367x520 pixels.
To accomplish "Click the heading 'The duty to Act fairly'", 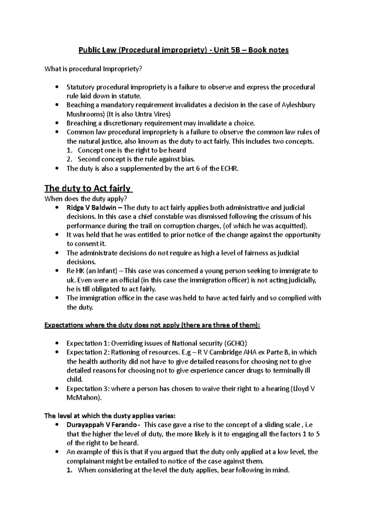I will click(x=87, y=188).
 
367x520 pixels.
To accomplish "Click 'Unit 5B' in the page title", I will click(x=227, y=50).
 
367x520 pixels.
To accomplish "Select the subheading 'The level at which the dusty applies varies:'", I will click(x=110, y=416).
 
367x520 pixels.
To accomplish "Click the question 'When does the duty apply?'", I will click(x=85, y=198).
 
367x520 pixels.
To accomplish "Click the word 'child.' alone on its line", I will click(x=75, y=379).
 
